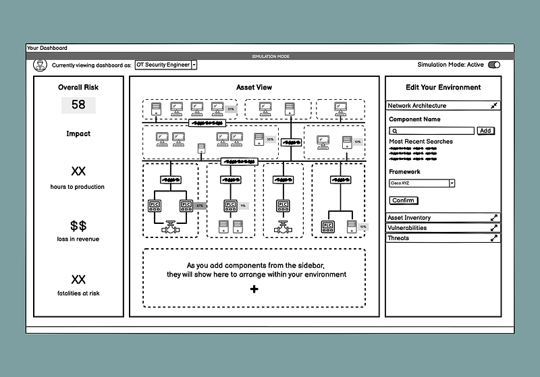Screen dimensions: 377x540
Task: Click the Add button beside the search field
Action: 485,131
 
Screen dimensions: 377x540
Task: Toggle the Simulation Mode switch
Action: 494,65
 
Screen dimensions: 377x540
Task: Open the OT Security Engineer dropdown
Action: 194,65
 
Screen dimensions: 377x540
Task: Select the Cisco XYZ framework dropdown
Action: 423,183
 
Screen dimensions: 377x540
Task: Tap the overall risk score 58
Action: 78,105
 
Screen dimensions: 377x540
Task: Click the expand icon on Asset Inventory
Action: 494,218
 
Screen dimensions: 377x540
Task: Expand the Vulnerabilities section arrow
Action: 494,228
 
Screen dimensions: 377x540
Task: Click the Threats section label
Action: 398,238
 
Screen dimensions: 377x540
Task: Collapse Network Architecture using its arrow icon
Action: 494,106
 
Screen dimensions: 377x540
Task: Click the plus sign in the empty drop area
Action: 254,289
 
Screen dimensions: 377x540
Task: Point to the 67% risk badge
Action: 200,205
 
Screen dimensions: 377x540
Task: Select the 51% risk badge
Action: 231,109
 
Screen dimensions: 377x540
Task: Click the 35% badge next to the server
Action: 270,140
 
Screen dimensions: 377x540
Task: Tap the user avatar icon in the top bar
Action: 40,65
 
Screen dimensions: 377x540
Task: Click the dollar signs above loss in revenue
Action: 78,225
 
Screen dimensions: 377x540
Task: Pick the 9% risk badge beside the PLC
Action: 243,206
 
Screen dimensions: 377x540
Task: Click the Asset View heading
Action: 254,88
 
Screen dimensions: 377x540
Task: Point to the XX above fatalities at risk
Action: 78,279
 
